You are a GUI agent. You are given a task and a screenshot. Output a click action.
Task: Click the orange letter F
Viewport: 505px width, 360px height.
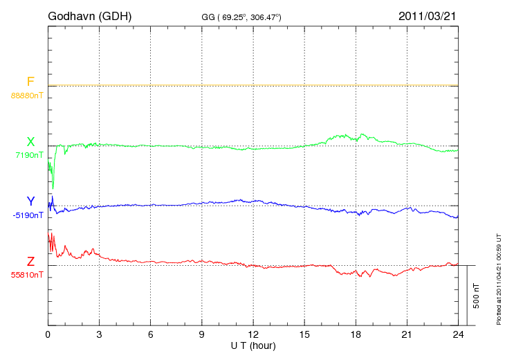(x=30, y=82)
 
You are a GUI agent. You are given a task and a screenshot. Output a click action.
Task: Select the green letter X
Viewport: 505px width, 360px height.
(x=30, y=142)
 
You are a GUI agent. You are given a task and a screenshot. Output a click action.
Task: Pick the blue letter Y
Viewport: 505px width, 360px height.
(x=30, y=201)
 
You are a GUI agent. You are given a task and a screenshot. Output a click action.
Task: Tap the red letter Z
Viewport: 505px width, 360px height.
(x=30, y=262)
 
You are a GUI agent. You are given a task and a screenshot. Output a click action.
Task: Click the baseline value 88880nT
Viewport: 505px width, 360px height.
(x=27, y=96)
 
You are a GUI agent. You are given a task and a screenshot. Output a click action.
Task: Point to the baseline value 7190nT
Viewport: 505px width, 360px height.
(x=29, y=155)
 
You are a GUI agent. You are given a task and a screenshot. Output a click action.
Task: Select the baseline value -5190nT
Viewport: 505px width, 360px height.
(x=28, y=215)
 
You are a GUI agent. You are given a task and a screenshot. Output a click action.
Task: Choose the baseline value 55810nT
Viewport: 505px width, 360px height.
(x=27, y=275)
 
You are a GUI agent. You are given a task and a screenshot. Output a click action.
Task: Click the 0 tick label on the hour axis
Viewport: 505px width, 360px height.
(x=48, y=334)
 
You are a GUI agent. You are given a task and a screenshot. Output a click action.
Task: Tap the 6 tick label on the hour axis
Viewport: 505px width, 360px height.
(x=150, y=334)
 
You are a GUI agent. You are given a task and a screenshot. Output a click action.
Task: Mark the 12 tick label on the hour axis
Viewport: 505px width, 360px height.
(x=253, y=334)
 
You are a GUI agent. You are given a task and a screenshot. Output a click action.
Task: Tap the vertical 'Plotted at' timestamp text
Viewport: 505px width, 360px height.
(x=498, y=277)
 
